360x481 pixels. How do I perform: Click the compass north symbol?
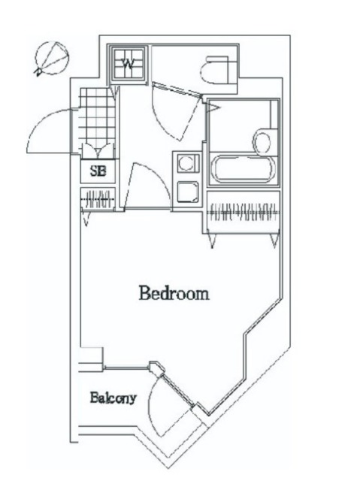click(x=52, y=57)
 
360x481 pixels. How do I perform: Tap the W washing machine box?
click(x=129, y=64)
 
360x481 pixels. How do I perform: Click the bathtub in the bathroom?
click(x=244, y=169)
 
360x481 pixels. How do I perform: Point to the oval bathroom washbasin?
click(x=264, y=141)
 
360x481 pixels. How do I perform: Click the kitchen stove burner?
click(x=185, y=162)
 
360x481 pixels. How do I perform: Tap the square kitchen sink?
click(x=186, y=192)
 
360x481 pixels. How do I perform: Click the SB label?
click(x=98, y=171)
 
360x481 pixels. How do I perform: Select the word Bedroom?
click(x=173, y=293)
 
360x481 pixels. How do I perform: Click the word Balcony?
click(x=113, y=398)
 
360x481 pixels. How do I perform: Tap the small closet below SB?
click(x=98, y=201)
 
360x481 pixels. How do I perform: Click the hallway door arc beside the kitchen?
click(x=143, y=184)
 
